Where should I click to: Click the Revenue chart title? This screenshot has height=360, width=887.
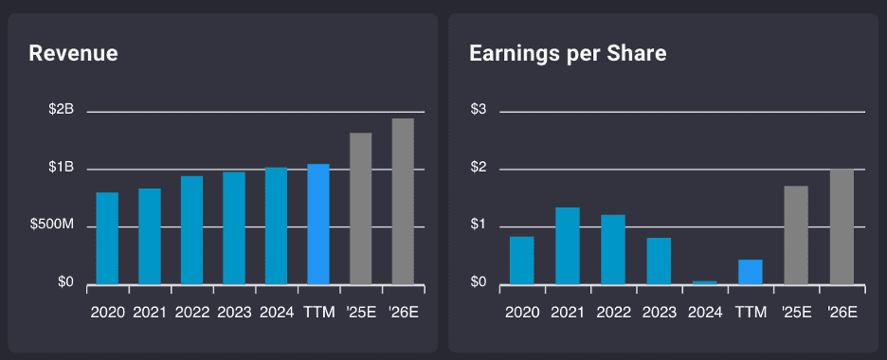pos(73,54)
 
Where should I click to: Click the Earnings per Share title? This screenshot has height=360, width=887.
pos(568,54)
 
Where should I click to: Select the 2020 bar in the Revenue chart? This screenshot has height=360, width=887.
pos(107,238)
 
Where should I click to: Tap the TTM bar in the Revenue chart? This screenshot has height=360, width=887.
pos(318,224)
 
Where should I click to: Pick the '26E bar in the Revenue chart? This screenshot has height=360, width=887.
pos(403,201)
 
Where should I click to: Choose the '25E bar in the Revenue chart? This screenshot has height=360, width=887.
pos(360,208)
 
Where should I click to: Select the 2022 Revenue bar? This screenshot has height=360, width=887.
pos(191,229)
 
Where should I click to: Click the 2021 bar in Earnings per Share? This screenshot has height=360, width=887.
pos(567,245)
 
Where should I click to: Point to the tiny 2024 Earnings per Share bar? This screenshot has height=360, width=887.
pos(704,281)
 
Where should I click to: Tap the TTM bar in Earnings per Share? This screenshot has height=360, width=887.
pos(750,272)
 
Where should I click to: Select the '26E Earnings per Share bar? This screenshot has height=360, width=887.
pos(842,226)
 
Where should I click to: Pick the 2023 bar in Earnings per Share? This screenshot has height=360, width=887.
pos(659,261)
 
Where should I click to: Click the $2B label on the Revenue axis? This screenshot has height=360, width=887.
pos(62,111)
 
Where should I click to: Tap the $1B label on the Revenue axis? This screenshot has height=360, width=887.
pos(62,168)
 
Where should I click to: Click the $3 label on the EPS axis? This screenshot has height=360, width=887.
pos(478,111)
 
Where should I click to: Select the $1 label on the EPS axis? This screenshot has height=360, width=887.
pos(478,225)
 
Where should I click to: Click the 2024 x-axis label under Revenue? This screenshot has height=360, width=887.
pos(276,312)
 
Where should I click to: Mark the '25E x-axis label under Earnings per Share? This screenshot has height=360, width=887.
pos(796,312)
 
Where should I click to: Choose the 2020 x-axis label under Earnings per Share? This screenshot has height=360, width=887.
pos(521,312)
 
